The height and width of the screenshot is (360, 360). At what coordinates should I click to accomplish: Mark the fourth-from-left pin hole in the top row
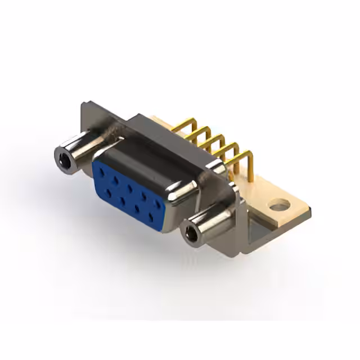(146, 195)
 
